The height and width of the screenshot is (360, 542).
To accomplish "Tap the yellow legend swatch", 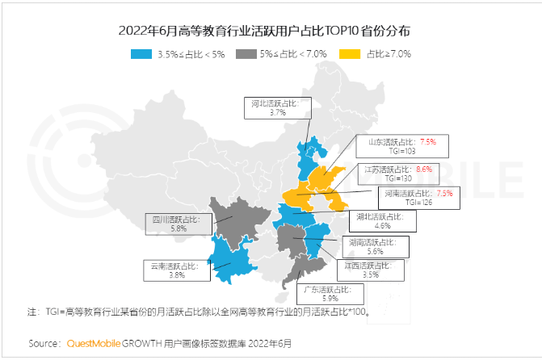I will (x=349, y=54).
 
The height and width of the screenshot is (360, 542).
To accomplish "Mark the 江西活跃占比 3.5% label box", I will (x=370, y=270).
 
